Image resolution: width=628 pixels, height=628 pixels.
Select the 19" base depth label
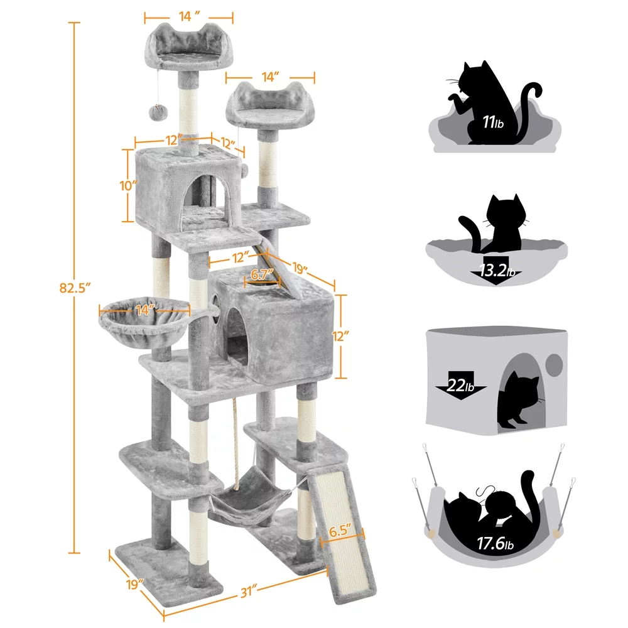[133, 583]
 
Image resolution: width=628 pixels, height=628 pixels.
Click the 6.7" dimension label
[262, 274]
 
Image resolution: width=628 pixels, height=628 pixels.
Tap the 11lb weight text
[493, 122]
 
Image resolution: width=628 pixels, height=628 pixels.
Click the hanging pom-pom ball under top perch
[154, 112]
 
